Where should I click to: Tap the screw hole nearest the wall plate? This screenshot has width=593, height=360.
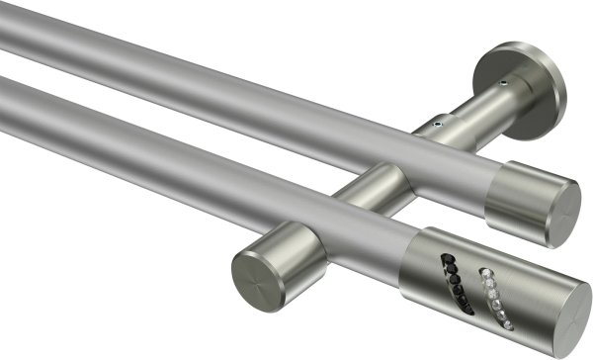[x=505, y=85]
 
